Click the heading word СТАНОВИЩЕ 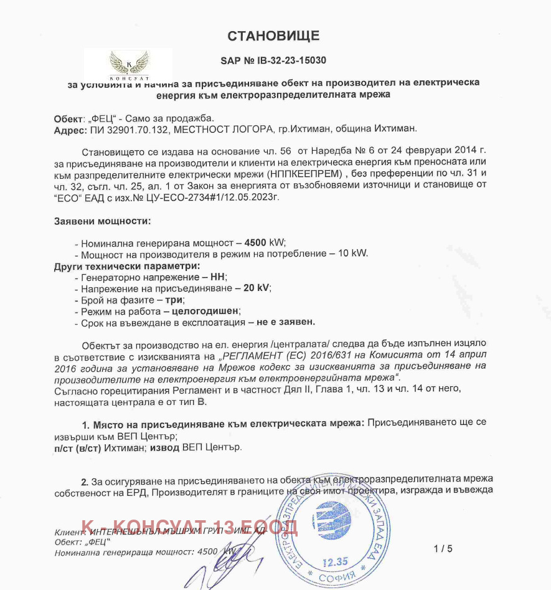[273, 36]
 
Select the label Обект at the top [68, 118]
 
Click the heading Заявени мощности [102, 221]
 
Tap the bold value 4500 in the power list [256, 242]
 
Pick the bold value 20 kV [255, 288]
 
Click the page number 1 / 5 [443, 549]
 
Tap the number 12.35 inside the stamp [334, 562]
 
